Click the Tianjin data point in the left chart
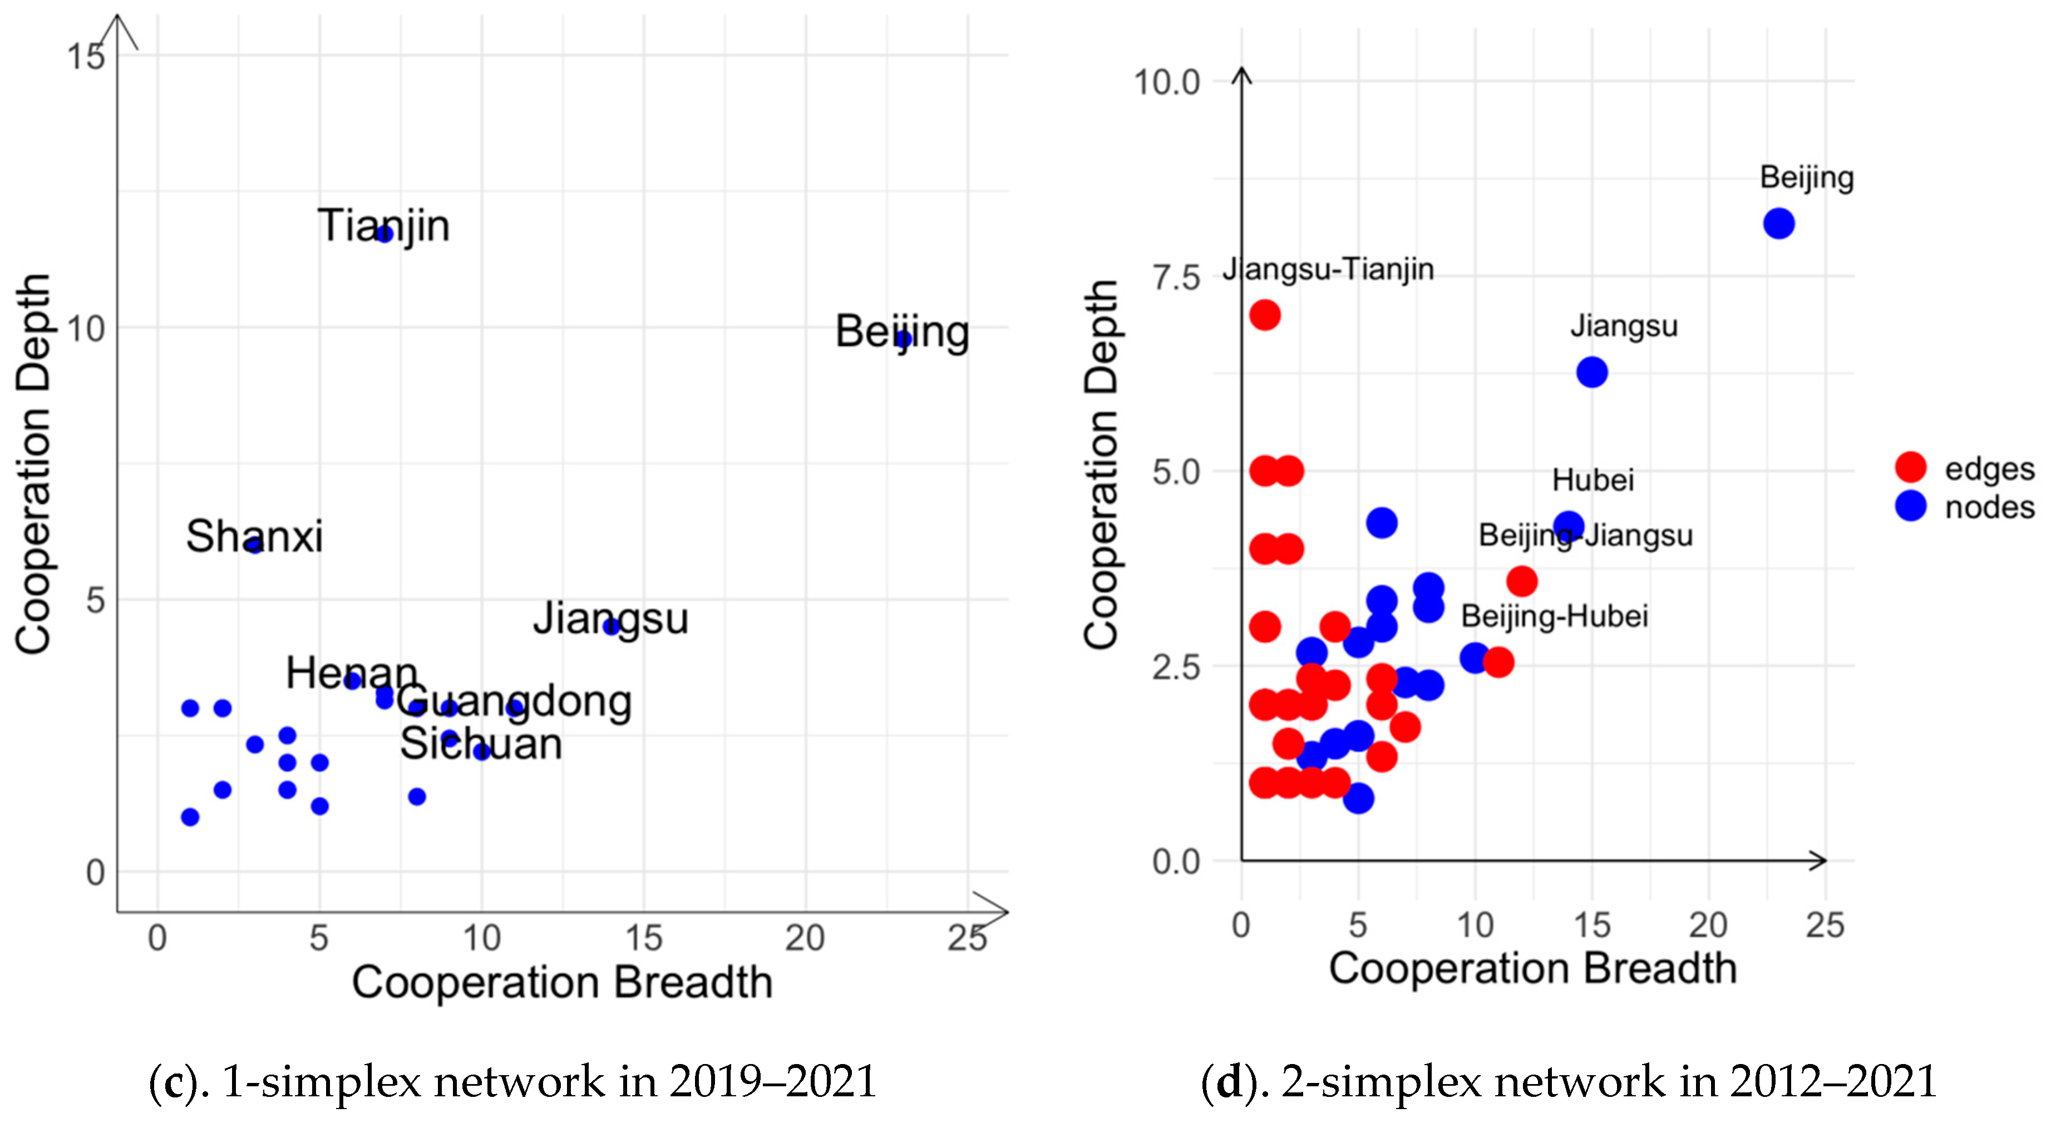click(x=384, y=234)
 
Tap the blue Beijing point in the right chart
click(x=1778, y=224)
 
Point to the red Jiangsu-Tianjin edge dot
click(x=1264, y=315)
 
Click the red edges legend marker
click(x=1910, y=467)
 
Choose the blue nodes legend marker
click(x=1910, y=506)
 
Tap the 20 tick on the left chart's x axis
click(x=805, y=939)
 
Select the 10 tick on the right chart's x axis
click(x=1475, y=925)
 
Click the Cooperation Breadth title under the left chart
click(x=563, y=982)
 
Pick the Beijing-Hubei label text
click(x=1554, y=616)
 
